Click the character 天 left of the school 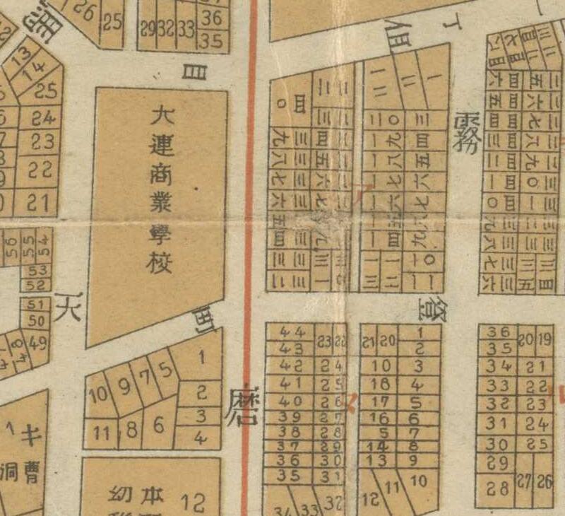(69, 307)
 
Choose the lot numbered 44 (292, 332)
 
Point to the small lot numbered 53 (37, 271)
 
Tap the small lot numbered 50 (37, 319)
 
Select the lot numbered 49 (40, 344)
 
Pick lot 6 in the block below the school (159, 425)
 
